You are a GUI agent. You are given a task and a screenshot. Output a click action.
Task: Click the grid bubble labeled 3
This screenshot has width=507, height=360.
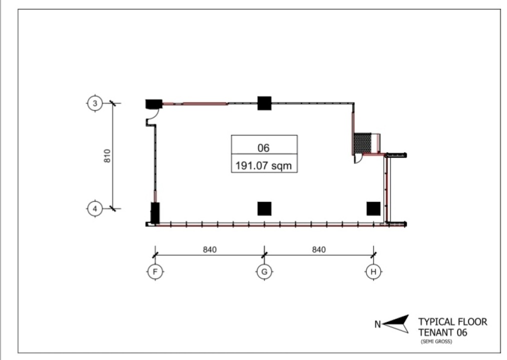pyautogui.click(x=94, y=103)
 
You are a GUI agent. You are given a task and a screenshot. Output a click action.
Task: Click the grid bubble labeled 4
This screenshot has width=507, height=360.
pyautogui.click(x=94, y=208)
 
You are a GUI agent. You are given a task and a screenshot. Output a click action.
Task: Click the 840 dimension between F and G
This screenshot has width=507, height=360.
pyautogui.click(x=209, y=249)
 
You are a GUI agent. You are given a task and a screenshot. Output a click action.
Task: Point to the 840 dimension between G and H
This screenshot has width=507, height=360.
pyautogui.click(x=318, y=249)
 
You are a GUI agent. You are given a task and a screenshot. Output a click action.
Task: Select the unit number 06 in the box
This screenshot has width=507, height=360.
pyautogui.click(x=264, y=148)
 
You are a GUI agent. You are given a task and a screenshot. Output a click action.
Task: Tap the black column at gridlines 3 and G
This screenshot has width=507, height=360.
pyautogui.click(x=264, y=103)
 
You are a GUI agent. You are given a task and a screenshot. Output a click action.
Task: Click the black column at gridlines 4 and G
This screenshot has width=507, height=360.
pyautogui.click(x=264, y=208)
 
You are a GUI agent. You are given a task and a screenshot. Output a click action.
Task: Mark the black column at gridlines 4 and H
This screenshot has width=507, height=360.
pyautogui.click(x=373, y=208)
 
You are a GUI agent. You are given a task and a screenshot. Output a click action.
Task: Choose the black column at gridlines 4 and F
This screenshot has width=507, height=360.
pyautogui.click(x=155, y=213)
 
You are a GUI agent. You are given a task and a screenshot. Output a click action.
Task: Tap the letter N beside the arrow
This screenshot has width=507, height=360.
pyautogui.click(x=377, y=324)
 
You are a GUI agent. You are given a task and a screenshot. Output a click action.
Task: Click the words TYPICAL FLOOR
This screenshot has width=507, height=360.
pyautogui.click(x=452, y=321)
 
